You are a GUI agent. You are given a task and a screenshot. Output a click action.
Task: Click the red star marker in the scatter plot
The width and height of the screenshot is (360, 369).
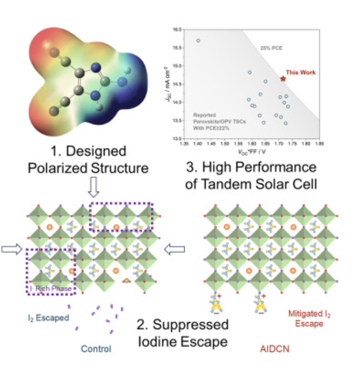tap(283, 78)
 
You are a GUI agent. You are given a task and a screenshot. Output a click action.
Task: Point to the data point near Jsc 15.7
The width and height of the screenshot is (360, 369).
tap(198, 40)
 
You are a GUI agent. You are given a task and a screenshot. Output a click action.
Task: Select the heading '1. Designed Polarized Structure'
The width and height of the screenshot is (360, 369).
tap(88, 159)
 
